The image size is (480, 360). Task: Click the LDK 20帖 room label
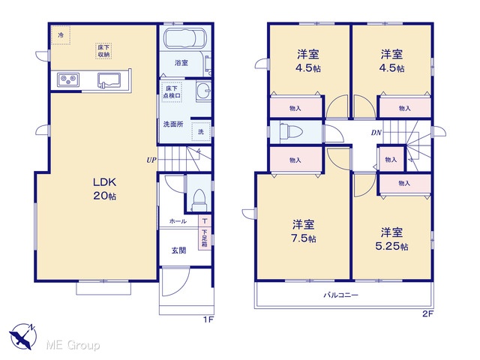click(105, 189)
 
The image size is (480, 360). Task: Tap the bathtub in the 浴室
click(185, 38)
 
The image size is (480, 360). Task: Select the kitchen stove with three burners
click(68, 80)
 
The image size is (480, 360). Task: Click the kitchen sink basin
click(109, 80)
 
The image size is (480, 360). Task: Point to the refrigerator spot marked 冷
click(61, 35)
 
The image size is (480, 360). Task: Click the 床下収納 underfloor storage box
click(103, 51)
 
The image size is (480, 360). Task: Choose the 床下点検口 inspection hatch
click(172, 91)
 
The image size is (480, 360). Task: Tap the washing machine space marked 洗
click(201, 132)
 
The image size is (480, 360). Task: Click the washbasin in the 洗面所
click(203, 91)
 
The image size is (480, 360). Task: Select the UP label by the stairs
click(151, 160)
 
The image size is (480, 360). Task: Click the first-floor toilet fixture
click(199, 200)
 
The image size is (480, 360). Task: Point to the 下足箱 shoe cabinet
click(205, 238)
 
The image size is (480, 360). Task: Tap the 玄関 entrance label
click(178, 250)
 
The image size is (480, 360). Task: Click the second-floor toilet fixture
click(291, 132)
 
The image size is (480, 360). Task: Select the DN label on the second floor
click(376, 133)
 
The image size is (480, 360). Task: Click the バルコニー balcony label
click(340, 295)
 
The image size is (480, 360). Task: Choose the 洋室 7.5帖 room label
click(304, 231)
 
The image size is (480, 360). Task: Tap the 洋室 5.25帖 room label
click(391, 239)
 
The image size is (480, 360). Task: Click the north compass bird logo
click(23, 337)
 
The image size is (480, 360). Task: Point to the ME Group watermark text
click(73, 346)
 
